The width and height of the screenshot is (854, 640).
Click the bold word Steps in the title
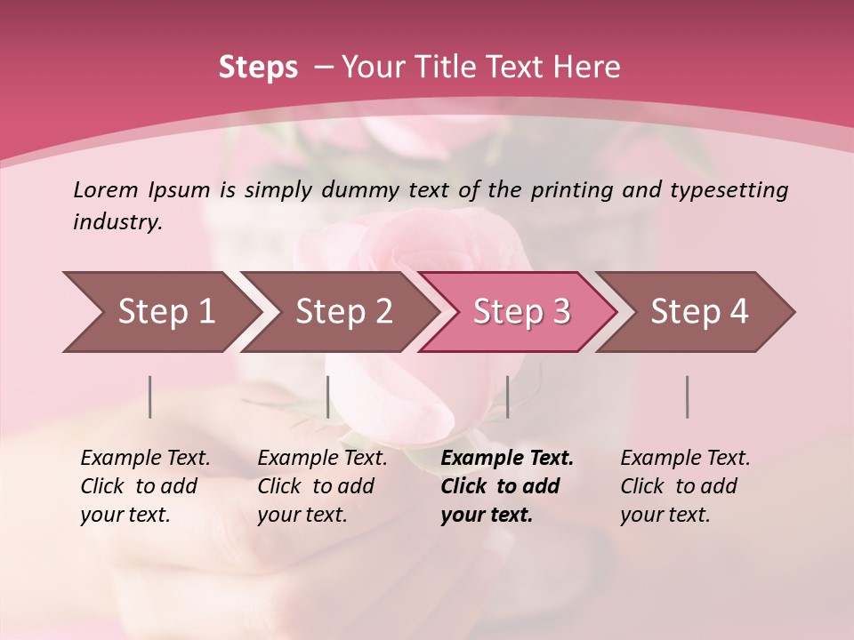tap(258, 67)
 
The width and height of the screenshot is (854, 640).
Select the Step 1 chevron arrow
tap(165, 311)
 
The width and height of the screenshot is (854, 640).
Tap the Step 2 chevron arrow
tap(343, 311)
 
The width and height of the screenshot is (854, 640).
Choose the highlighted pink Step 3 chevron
tap(521, 311)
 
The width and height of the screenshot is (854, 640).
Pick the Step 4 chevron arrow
tap(699, 311)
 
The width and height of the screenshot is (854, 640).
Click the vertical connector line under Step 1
tap(150, 396)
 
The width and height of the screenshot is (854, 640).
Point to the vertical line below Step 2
tap(328, 396)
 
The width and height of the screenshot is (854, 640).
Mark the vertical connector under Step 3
tap(507, 396)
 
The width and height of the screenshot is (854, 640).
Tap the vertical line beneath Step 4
tap(687, 396)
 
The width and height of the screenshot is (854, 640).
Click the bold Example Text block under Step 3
tap(507, 486)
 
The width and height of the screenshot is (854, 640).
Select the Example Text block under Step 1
tap(145, 486)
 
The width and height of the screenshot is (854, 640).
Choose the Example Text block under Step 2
tap(322, 486)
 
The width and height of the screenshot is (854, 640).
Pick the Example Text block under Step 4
tap(685, 486)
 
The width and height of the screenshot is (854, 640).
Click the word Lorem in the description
tap(106, 189)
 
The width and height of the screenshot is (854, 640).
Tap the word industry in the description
tap(117, 221)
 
